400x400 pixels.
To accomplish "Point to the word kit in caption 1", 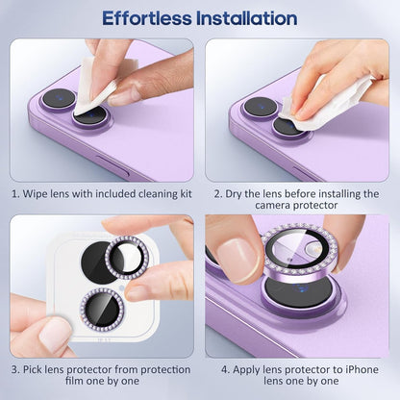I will coord(183,193).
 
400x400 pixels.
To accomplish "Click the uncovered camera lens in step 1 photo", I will coord(58,98).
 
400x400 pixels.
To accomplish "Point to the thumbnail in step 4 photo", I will coord(237,261).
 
